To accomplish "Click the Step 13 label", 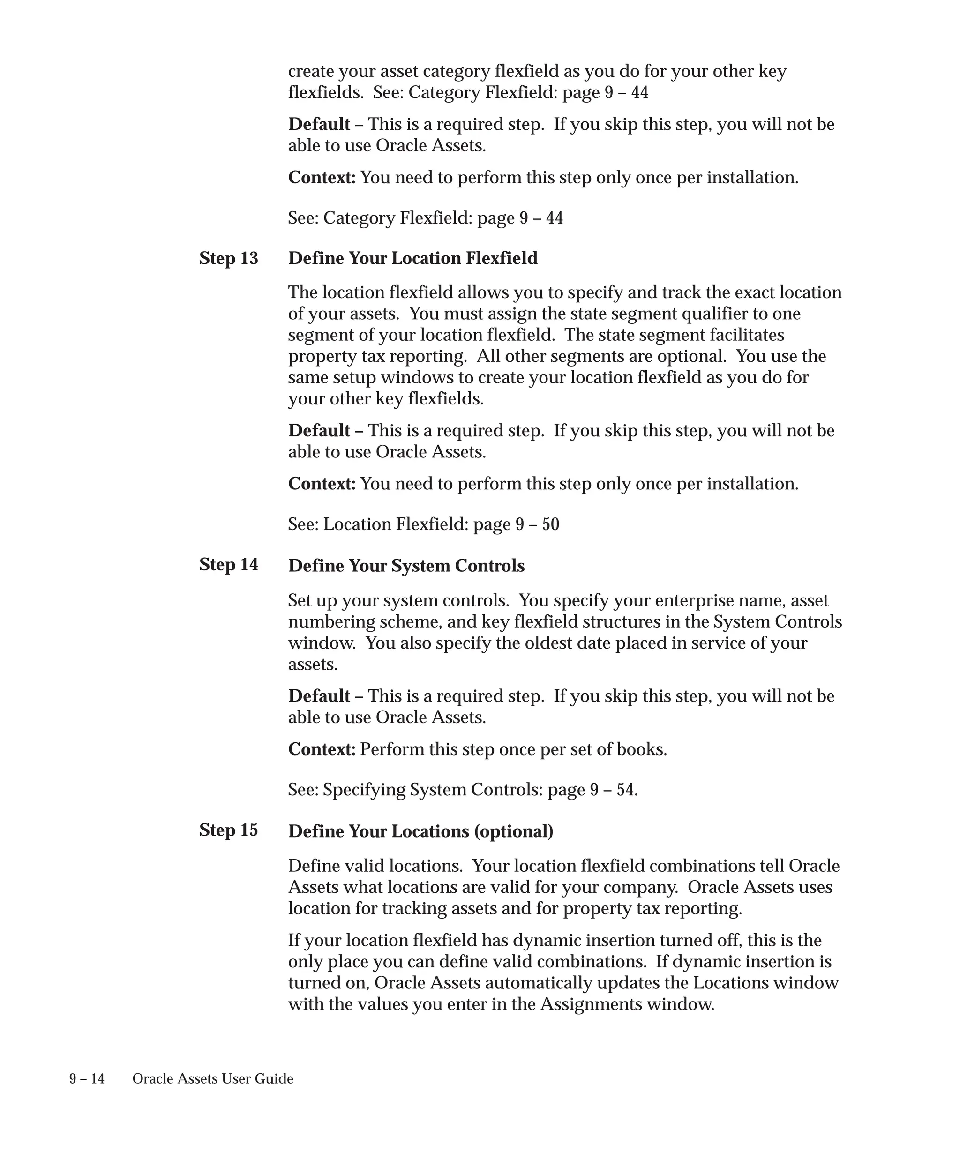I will (x=228, y=258).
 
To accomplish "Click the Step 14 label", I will (x=228, y=564).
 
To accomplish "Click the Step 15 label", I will (x=228, y=830).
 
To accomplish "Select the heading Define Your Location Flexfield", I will (x=412, y=258).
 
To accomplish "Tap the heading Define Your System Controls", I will (x=406, y=566).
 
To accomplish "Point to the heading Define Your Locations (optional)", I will (x=420, y=831).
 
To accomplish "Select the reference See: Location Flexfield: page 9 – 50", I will (x=423, y=524).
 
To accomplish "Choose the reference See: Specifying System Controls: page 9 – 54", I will (x=463, y=790).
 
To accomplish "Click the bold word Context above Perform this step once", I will (x=322, y=749).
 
